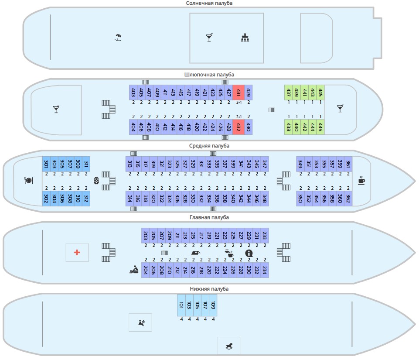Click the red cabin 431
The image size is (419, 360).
238,93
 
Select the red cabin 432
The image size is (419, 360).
238,127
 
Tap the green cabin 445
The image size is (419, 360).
320,93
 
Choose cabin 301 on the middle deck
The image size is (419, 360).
46,164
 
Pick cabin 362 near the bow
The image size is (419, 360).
348,199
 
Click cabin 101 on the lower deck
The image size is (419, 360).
181,305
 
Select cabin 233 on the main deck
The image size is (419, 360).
265,235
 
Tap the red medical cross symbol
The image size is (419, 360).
77,252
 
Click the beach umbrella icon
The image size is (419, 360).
118,37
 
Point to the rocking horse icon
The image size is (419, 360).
229,346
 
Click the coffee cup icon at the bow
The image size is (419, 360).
361,180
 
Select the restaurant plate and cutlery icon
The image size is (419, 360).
29,181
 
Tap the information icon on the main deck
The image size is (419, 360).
249,253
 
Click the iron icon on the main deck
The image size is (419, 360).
196,253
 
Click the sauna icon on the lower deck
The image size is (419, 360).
142,322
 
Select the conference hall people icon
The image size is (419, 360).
245,38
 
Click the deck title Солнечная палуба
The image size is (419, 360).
209,3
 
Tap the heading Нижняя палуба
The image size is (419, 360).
209,289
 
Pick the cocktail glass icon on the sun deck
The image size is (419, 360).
209,38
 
